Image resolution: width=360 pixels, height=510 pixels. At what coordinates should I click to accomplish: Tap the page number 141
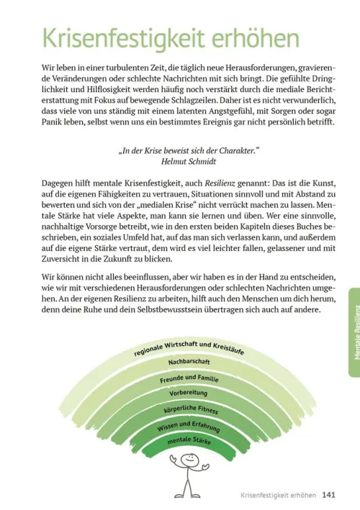[x=328, y=495]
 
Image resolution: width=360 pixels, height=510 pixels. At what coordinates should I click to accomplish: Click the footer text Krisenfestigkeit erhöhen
[x=278, y=495]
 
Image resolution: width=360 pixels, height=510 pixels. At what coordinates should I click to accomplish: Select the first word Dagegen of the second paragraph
[x=59, y=185]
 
